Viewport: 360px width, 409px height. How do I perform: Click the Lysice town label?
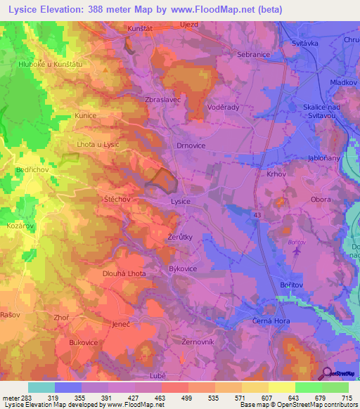tap(181, 201)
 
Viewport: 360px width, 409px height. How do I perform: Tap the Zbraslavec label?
tap(162, 100)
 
